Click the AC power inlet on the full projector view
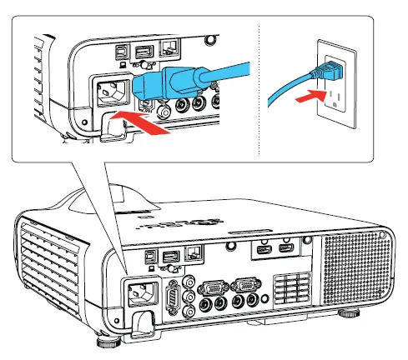pos(140,292)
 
